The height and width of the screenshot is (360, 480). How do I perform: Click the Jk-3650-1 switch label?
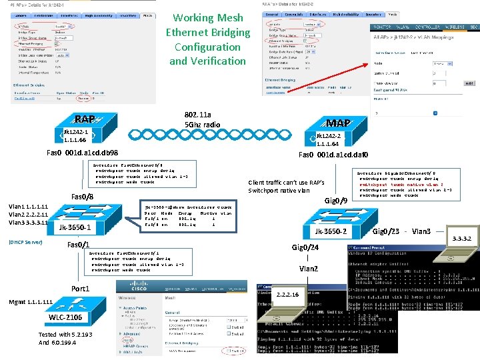point(75,228)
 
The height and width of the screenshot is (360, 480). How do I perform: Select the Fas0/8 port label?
point(82,196)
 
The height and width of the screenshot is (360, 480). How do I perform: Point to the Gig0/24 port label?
point(306,247)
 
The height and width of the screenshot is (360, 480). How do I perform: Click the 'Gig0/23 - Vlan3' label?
point(402,232)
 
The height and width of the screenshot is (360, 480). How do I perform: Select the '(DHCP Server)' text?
point(25,242)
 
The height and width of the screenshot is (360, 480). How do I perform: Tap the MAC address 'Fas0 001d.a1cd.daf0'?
point(333,155)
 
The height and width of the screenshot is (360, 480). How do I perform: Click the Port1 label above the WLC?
point(80,288)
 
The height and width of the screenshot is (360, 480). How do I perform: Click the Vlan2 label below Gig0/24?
point(309,269)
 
